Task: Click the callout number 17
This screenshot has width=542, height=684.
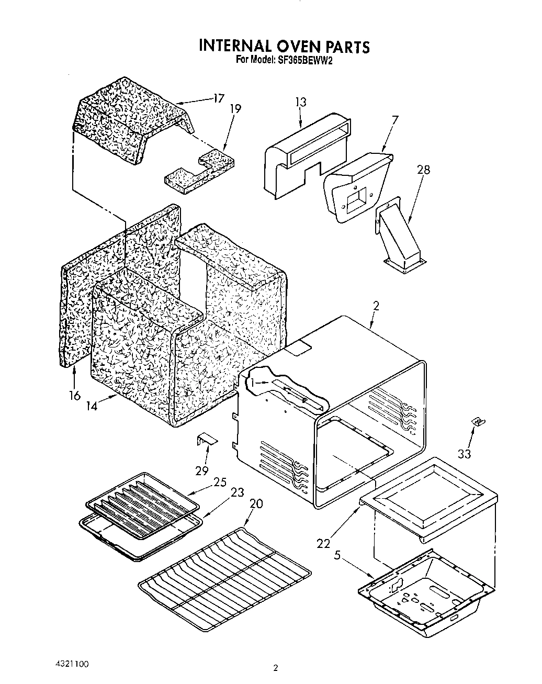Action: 218,98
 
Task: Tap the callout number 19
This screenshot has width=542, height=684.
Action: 235,109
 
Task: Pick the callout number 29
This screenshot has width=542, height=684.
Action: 202,470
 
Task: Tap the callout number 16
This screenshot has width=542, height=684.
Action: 75,395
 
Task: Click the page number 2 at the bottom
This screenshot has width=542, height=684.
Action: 275,667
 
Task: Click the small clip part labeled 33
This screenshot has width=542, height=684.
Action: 476,421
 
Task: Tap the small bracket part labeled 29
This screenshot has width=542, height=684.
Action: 207,439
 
